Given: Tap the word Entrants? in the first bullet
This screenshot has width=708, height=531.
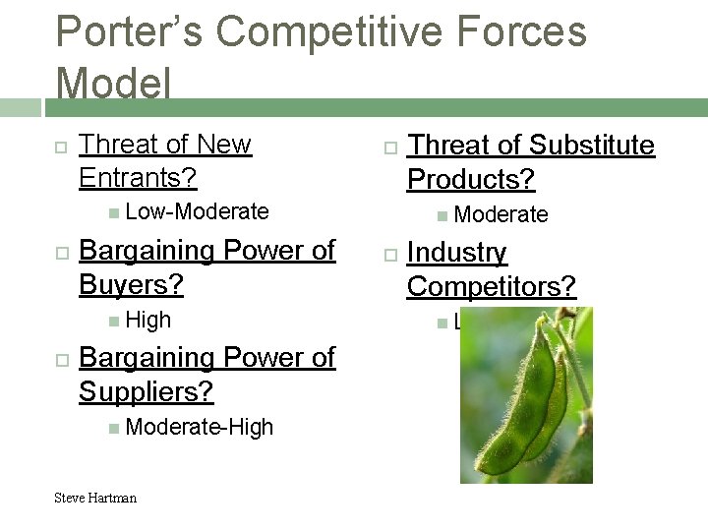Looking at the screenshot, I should pyautogui.click(x=138, y=178).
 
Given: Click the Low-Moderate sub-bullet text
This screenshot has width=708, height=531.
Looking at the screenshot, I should pyautogui.click(x=197, y=211).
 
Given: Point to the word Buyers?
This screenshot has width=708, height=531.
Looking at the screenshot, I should pyautogui.click(x=131, y=285).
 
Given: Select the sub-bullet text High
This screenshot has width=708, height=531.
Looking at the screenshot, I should pyautogui.click(x=148, y=320).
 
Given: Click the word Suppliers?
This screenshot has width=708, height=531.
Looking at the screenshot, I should pyautogui.click(x=146, y=391).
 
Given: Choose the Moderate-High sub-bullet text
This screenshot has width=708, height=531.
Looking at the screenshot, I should pyautogui.click(x=200, y=427).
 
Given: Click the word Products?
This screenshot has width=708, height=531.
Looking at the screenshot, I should pyautogui.click(x=471, y=180).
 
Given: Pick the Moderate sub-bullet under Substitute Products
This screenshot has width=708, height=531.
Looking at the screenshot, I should pyautogui.click(x=501, y=214).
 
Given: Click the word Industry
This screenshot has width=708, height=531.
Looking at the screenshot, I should pyautogui.click(x=456, y=253).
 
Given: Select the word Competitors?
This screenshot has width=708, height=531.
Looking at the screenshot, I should pyautogui.click(x=491, y=287).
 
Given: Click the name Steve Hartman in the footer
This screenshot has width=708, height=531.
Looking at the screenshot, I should pyautogui.click(x=95, y=498).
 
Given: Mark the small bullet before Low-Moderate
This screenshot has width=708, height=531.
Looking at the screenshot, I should pyautogui.click(x=114, y=212).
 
